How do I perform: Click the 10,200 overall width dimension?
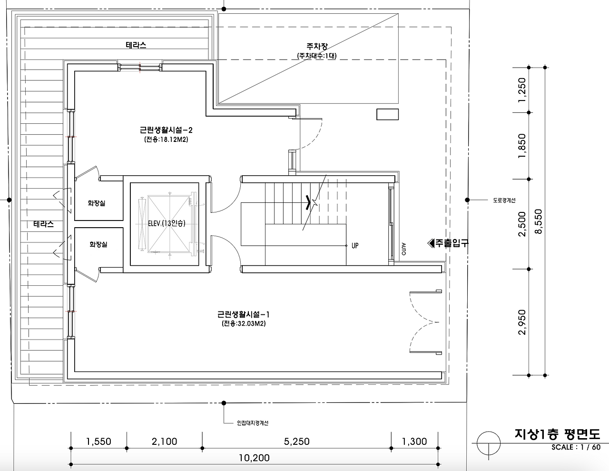point(254,458)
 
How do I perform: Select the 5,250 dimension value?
point(296,441)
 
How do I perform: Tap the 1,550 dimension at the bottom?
point(98,441)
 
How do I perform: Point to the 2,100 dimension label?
point(164,441)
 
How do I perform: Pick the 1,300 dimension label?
point(414,441)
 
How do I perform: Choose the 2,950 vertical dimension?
point(522,322)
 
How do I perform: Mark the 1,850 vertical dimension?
point(522,146)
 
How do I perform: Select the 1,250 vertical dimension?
point(522,90)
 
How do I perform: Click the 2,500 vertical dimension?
point(522,224)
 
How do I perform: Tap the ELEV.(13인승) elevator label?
point(167,223)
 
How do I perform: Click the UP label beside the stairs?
point(355,246)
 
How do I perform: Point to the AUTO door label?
point(403,249)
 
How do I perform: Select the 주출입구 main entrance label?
point(448,243)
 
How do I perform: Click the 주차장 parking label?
point(317,46)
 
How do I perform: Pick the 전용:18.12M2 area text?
point(166,140)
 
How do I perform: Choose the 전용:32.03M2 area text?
point(244,323)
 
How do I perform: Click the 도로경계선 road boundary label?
point(504,200)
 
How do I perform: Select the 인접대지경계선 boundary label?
point(253,423)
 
